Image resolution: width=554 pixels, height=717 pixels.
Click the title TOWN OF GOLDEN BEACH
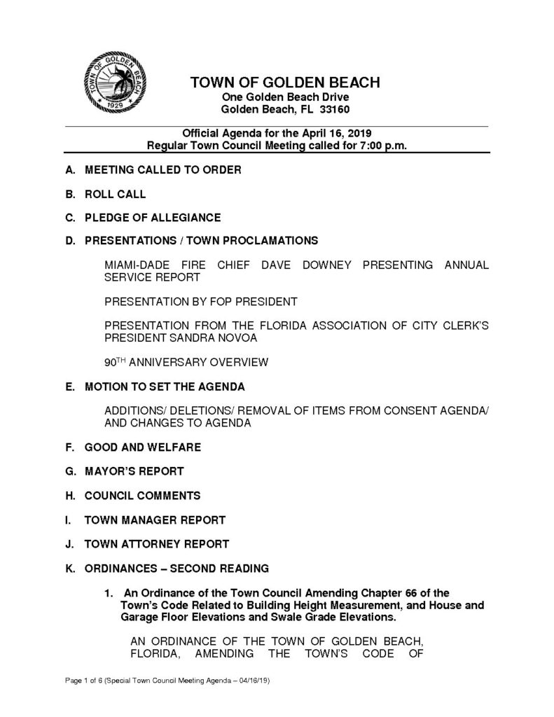click(285, 83)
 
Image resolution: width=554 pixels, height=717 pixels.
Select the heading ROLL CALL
click(115, 193)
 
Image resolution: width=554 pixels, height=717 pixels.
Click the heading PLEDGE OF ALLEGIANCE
click(152, 217)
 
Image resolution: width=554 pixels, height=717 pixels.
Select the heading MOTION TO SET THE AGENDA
click(165, 387)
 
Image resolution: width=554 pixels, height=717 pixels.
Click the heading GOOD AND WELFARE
click(142, 447)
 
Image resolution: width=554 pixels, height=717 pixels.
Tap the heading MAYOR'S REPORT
click(134, 471)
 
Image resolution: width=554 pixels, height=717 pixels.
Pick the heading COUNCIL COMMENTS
click(142, 495)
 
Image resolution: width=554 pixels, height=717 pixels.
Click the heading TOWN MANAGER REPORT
click(155, 520)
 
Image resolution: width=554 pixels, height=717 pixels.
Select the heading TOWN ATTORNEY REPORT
click(157, 543)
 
